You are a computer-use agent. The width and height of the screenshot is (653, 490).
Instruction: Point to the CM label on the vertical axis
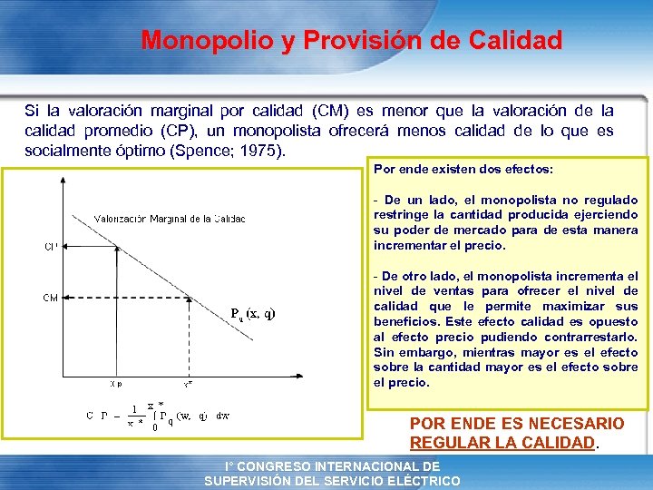coord(51,297)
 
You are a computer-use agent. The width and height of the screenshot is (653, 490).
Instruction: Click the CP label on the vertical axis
coord(51,246)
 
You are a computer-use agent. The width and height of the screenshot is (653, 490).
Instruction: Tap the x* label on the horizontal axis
coord(188,384)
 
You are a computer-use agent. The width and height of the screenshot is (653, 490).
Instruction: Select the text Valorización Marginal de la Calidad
coord(170,219)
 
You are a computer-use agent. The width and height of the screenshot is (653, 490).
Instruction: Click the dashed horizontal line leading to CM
coord(127,297)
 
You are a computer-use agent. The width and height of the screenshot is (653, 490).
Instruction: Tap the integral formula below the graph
coord(159,416)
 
